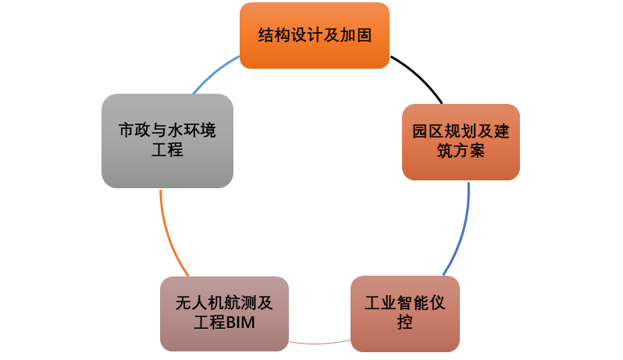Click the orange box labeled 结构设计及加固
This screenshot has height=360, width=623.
coord(314,35)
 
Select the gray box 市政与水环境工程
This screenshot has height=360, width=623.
coord(167,141)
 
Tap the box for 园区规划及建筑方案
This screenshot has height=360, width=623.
coord(461,141)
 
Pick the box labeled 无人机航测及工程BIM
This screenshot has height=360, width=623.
coord(222,313)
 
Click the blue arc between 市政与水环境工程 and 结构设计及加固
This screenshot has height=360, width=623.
coord(211,73)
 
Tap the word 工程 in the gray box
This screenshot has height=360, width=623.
coord(166,151)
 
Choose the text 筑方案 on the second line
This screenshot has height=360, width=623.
coord(461,151)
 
